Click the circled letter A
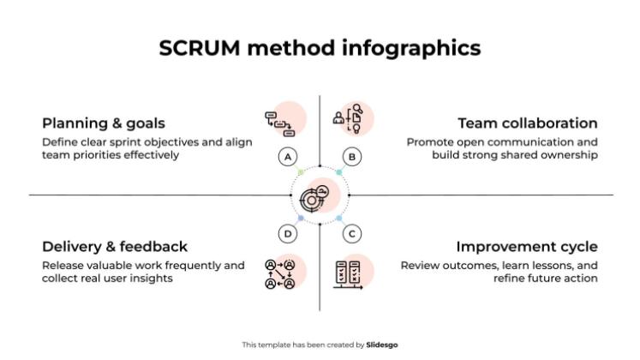click(x=288, y=157)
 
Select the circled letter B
click(x=351, y=157)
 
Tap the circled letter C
click(x=351, y=233)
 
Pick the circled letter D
click(x=288, y=233)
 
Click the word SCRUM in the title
click(x=200, y=49)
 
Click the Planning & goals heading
click(x=103, y=123)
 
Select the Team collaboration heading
click(x=527, y=123)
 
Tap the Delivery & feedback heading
click(x=114, y=247)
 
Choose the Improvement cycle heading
click(x=526, y=247)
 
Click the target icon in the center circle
click(x=314, y=197)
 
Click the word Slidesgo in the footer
click(x=381, y=345)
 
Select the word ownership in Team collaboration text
click(x=570, y=155)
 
